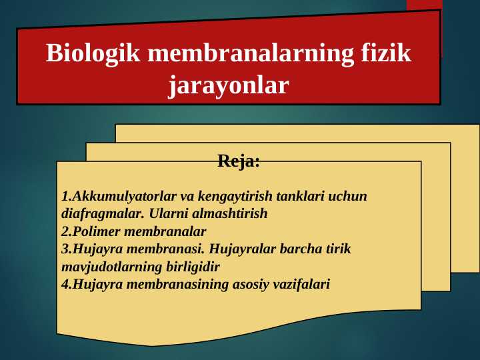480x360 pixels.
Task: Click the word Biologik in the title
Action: click(x=93, y=53)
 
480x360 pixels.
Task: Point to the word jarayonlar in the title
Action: click(x=228, y=85)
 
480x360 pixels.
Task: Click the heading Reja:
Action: click(x=239, y=161)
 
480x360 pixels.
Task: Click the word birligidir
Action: click(x=191, y=267)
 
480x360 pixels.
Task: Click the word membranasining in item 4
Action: click(x=172, y=284)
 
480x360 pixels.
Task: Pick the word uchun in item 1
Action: click(x=349, y=197)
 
